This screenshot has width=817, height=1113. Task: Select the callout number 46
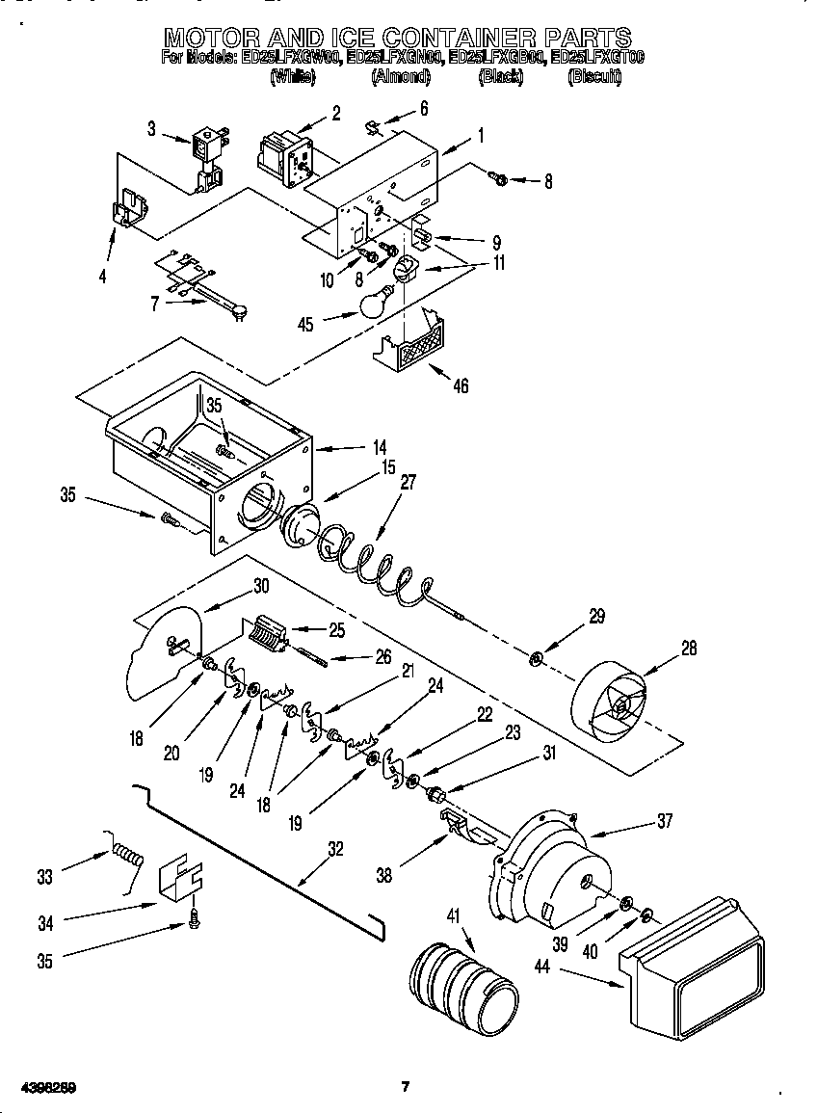461,385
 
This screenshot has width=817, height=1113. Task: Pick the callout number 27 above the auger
408,483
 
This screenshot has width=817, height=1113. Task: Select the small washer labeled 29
537,660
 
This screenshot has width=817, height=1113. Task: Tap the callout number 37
665,821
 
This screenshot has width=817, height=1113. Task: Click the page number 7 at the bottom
406,1087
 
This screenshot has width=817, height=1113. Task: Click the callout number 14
380,447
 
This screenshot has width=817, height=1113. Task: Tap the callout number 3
152,128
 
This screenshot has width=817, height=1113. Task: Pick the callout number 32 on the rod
335,849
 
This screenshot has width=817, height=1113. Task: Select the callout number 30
261,585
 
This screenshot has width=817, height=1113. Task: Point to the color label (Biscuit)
593,77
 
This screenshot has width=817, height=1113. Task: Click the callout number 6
423,108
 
